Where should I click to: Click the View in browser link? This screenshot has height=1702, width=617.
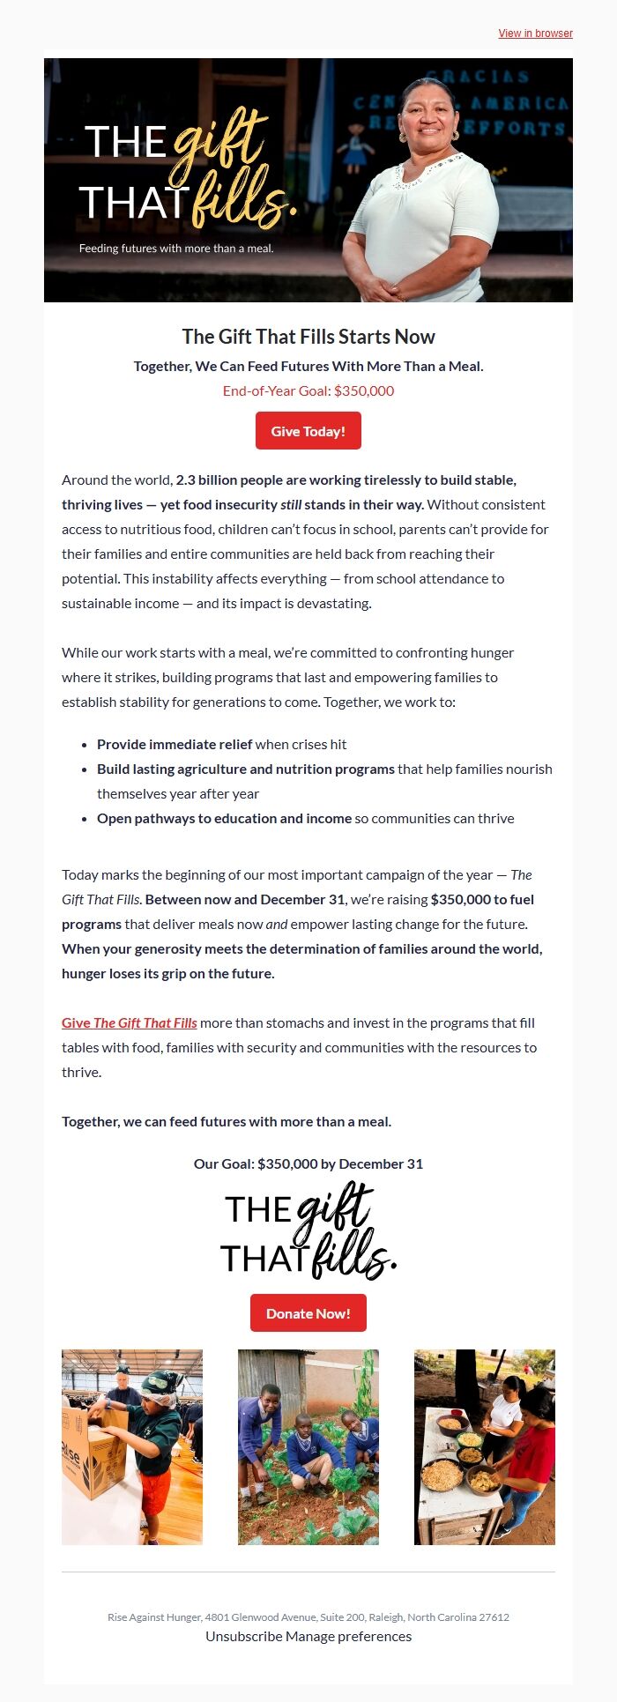[x=535, y=33]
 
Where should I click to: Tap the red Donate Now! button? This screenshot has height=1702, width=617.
[x=308, y=1313]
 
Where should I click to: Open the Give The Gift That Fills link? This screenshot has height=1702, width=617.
[x=130, y=1023]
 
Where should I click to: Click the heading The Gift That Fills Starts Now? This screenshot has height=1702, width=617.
[x=308, y=337]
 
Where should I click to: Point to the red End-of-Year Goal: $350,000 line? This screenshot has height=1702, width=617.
[x=308, y=390]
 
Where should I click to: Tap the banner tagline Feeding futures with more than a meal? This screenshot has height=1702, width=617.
[x=176, y=249]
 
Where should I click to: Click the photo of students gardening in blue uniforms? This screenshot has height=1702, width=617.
[x=308, y=1446]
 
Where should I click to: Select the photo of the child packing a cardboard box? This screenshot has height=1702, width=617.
[x=132, y=1446]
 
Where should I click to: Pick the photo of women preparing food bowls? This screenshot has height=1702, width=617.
[x=485, y=1446]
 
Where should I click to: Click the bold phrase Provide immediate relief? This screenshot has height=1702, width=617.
[x=175, y=745]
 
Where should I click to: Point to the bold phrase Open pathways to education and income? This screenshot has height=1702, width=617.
[x=224, y=819]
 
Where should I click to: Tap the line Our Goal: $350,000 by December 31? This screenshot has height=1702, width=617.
[x=308, y=1164]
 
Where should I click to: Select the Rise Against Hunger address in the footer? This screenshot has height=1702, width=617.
[x=308, y=1617]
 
